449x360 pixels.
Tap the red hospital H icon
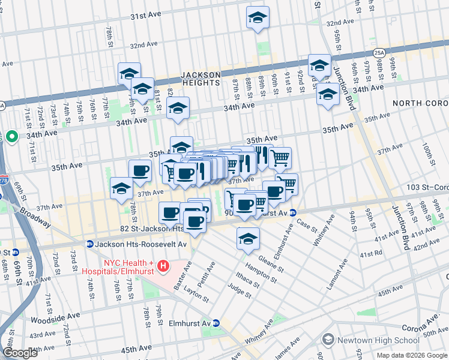[162, 265]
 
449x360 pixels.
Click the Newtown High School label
[370, 340]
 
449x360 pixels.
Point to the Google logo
[20, 352]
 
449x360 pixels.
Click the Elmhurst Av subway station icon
[217, 323]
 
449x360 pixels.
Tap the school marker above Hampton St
[248, 238]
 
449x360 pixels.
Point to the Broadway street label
[38, 214]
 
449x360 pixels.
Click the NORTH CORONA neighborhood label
[420, 103]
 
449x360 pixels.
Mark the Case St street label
[307, 225]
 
